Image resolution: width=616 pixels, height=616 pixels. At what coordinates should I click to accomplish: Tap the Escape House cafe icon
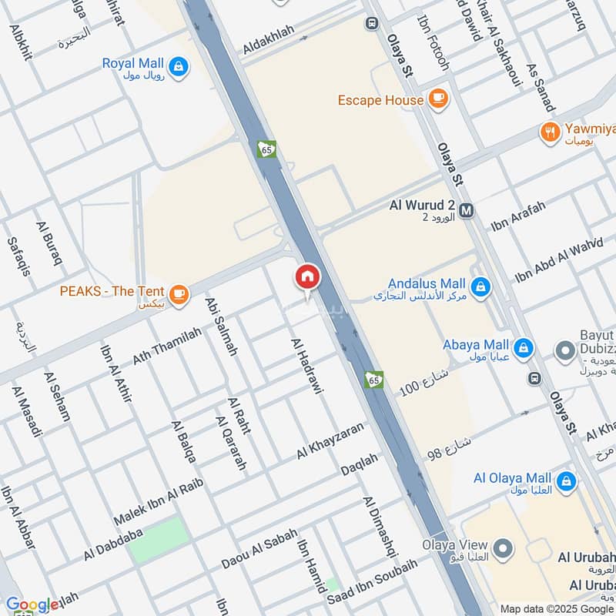[437, 100]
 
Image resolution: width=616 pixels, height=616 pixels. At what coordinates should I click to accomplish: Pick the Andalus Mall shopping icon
[480, 288]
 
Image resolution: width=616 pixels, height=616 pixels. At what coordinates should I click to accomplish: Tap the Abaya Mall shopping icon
[523, 347]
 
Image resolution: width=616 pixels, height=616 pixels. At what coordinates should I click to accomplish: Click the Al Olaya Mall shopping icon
[566, 482]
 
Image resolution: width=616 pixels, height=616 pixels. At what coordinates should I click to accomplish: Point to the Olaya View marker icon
[503, 549]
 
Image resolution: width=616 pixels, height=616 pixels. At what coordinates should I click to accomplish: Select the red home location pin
[307, 277]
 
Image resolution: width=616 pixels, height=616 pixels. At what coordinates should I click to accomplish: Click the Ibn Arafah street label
[518, 216]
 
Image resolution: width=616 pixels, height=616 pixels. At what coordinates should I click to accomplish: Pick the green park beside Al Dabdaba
[159, 540]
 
